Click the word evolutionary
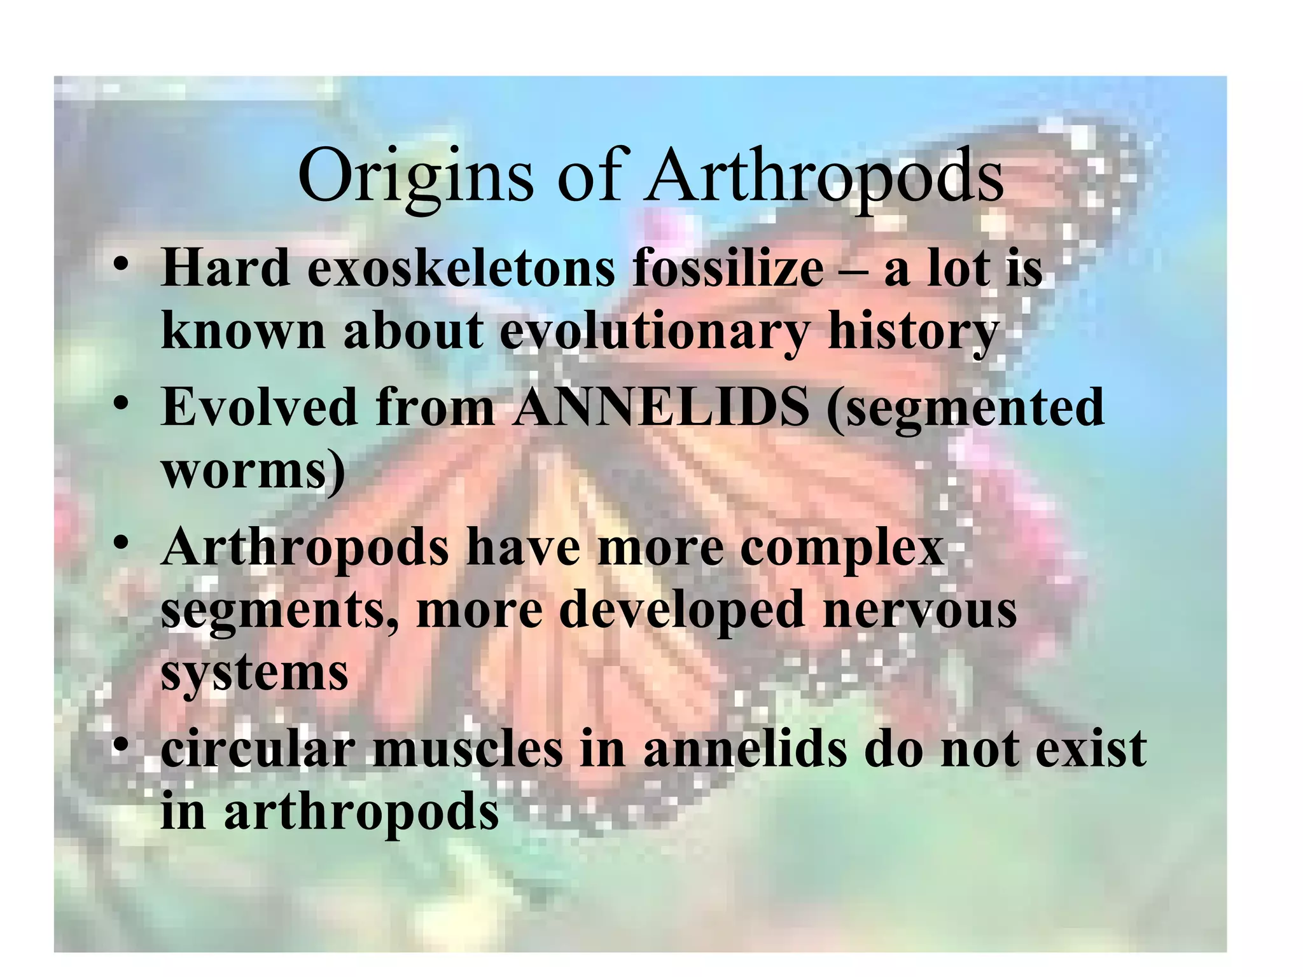(654, 332)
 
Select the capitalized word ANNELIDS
(662, 407)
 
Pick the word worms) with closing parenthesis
(253, 472)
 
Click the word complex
(841, 547)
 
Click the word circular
(257, 749)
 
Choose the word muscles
(468, 749)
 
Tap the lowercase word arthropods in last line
(361, 813)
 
